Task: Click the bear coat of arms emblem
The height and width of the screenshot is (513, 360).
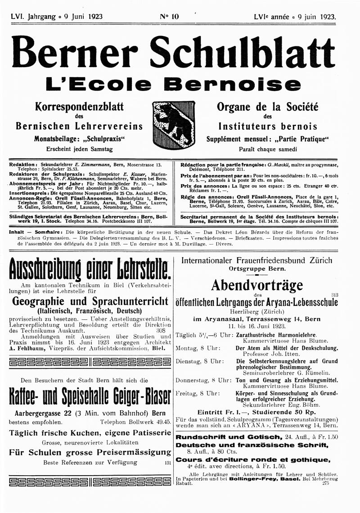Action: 174,124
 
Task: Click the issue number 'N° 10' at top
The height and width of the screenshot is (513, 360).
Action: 169,17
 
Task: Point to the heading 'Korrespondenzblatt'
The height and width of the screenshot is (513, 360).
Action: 79,107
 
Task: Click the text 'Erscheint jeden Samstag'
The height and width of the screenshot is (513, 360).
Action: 79,149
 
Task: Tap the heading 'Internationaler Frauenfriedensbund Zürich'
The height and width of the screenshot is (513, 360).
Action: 256,260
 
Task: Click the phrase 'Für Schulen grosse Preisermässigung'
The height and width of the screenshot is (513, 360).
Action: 90,452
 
